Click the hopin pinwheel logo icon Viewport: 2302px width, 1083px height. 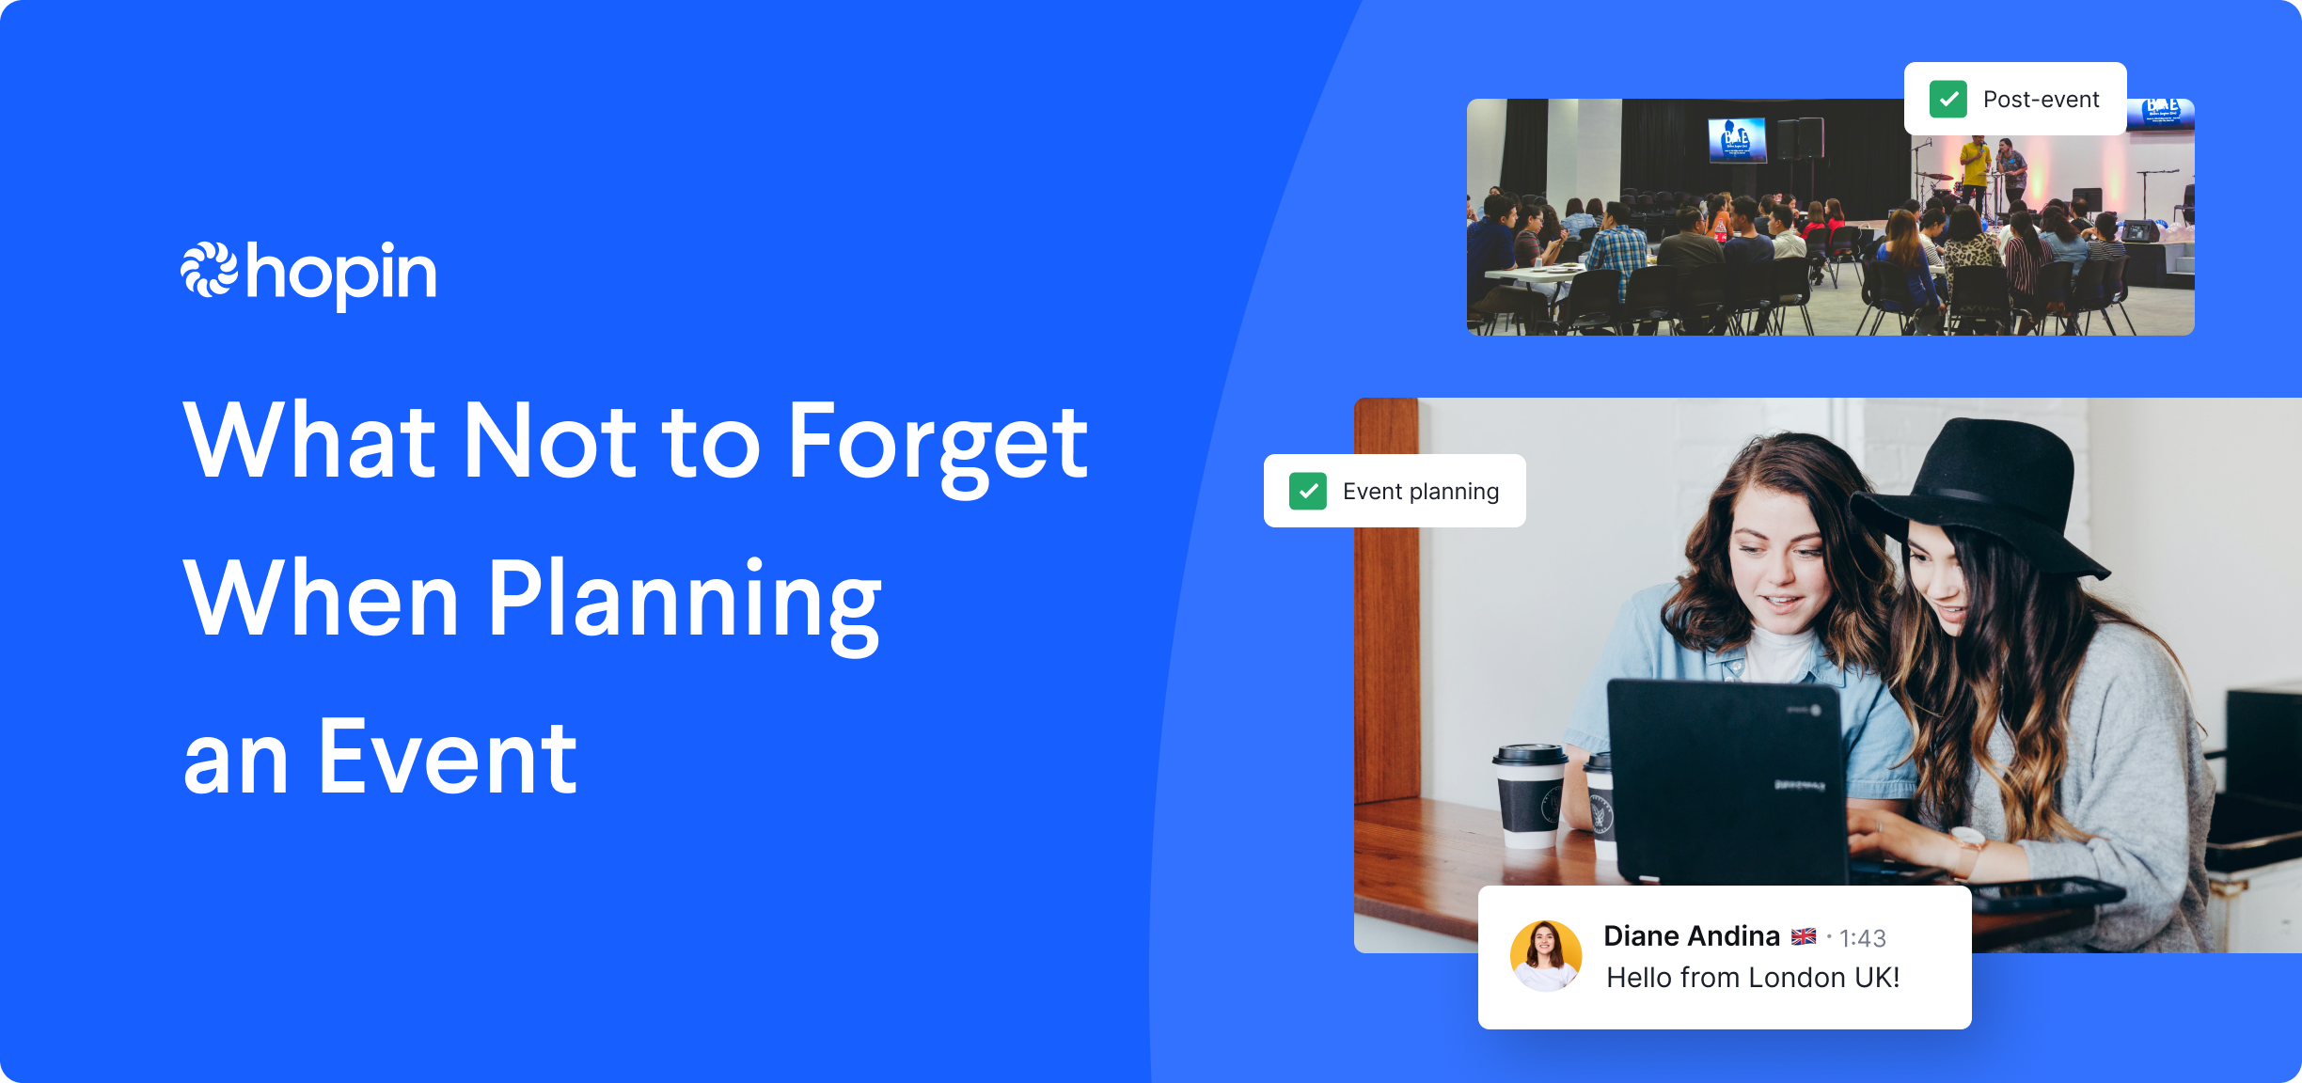(209, 271)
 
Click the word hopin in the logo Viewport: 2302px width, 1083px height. (341, 274)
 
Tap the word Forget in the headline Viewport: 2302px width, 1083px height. (937, 442)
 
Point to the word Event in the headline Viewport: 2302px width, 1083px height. (447, 757)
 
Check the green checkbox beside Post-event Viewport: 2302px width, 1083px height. (1947, 99)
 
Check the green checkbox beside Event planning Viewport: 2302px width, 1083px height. (1307, 491)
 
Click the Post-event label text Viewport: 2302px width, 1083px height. (2041, 99)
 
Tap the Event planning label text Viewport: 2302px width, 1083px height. (1420, 491)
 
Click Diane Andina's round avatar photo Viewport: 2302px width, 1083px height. (1545, 955)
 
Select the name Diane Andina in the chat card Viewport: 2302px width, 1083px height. (1691, 935)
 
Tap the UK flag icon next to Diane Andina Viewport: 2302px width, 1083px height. (1803, 936)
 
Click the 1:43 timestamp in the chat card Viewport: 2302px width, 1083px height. (1862, 938)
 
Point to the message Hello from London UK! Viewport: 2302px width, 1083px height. (1753, 978)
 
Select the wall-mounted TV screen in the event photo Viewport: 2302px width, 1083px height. (1736, 139)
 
